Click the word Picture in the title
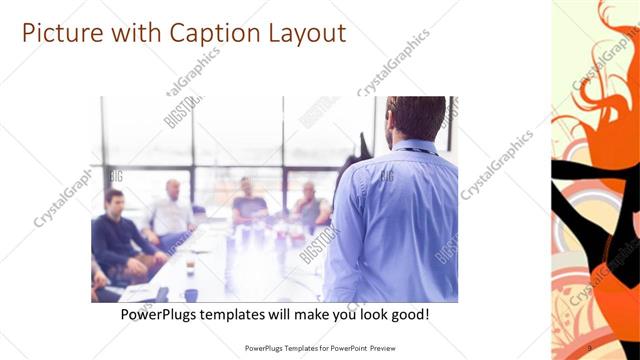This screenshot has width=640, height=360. [x=61, y=33]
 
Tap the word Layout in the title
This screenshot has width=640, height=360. [x=301, y=33]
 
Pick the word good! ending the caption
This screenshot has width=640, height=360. [x=408, y=314]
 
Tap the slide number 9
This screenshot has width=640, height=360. [x=589, y=348]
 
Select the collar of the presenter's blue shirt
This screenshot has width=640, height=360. [x=412, y=148]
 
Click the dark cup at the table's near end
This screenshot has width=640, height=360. [x=190, y=294]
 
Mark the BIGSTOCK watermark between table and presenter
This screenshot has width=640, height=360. [x=317, y=239]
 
